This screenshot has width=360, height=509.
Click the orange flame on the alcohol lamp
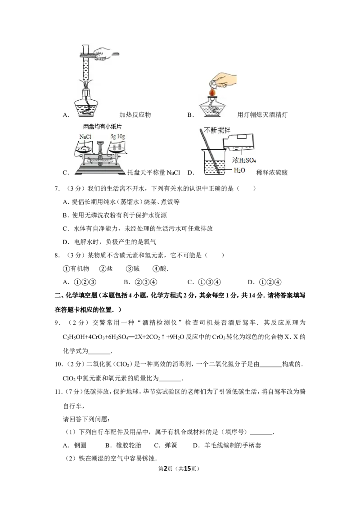212,92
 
